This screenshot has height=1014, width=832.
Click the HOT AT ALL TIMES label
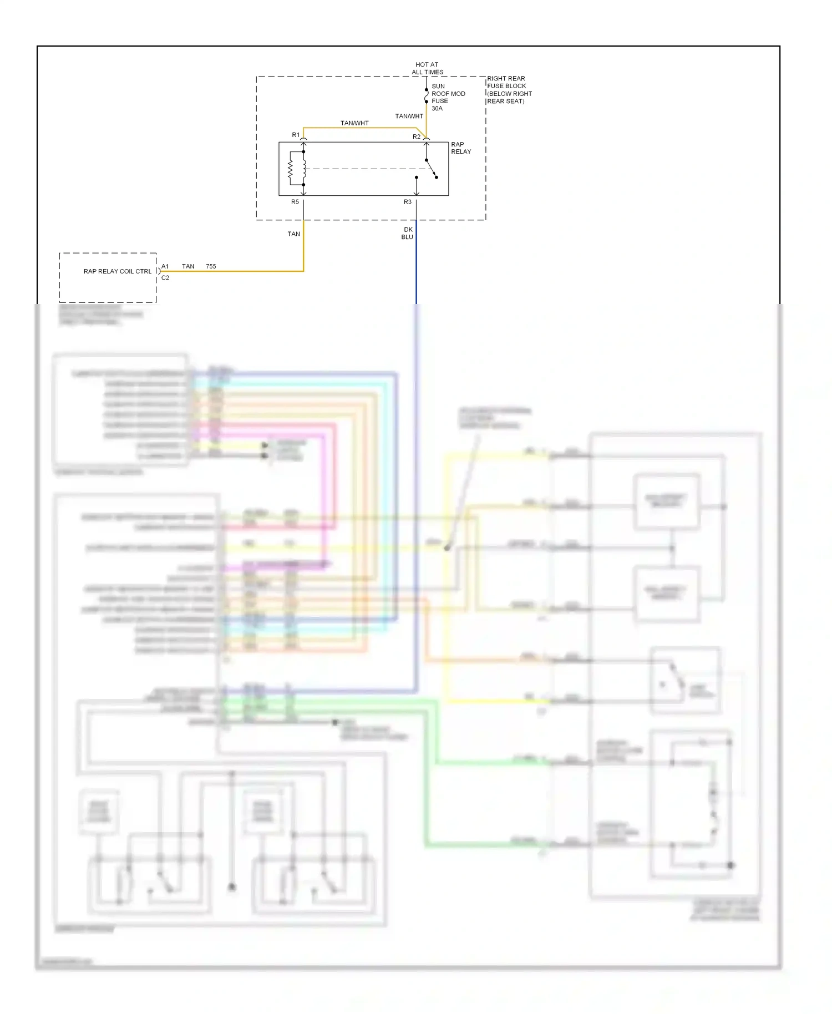pos(427,68)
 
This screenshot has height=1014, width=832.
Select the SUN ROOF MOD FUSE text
pos(448,94)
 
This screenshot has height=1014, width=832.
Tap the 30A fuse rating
pos(437,109)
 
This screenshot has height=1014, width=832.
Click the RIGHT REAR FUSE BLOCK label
pos(509,90)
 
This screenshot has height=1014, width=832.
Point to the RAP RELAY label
pos(460,148)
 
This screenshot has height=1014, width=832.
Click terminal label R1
pos(296,135)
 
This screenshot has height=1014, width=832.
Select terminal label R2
pos(416,136)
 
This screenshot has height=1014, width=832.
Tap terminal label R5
pos(295,202)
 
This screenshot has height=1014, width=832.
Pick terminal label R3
pos(408,202)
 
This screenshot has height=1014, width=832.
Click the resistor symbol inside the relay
pos(290,169)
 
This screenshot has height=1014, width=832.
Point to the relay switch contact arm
pos(431,169)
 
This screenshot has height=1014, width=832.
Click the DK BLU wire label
pos(408,233)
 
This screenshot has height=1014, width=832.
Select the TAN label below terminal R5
pos(293,234)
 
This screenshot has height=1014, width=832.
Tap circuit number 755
pos(211,266)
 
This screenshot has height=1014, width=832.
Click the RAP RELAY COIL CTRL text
pos(117,271)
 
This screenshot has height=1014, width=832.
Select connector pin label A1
pos(165,266)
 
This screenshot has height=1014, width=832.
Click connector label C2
pos(165,278)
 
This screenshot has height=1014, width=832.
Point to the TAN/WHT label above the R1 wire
pos(354,123)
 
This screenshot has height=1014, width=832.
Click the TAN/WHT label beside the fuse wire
pos(409,116)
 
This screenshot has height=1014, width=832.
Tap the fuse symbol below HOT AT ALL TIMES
pos(426,96)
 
